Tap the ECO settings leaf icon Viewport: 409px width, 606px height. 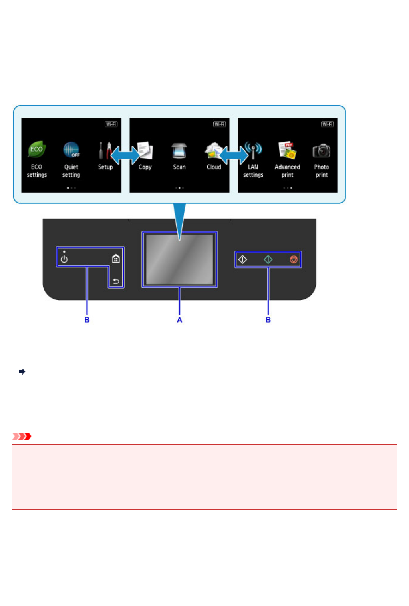(x=36, y=150)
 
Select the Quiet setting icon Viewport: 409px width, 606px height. (x=71, y=150)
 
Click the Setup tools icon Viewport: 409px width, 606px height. (x=105, y=150)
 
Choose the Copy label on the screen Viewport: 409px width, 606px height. (x=145, y=167)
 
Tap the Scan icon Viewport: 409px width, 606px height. (x=179, y=150)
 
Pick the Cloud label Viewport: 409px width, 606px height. (x=214, y=167)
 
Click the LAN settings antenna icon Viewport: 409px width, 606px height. (x=253, y=150)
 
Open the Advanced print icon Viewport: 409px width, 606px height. (x=287, y=150)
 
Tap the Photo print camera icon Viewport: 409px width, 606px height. (x=321, y=151)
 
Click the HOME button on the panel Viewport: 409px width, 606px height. (x=116, y=259)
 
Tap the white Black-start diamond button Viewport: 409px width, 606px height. (x=242, y=260)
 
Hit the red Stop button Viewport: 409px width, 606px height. (x=294, y=260)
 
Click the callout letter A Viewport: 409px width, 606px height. (x=179, y=320)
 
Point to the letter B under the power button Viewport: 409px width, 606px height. (x=87, y=320)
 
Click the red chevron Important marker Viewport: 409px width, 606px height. (x=22, y=436)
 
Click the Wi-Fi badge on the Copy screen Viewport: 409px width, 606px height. (x=219, y=124)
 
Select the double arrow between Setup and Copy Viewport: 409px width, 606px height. (x=125, y=155)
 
